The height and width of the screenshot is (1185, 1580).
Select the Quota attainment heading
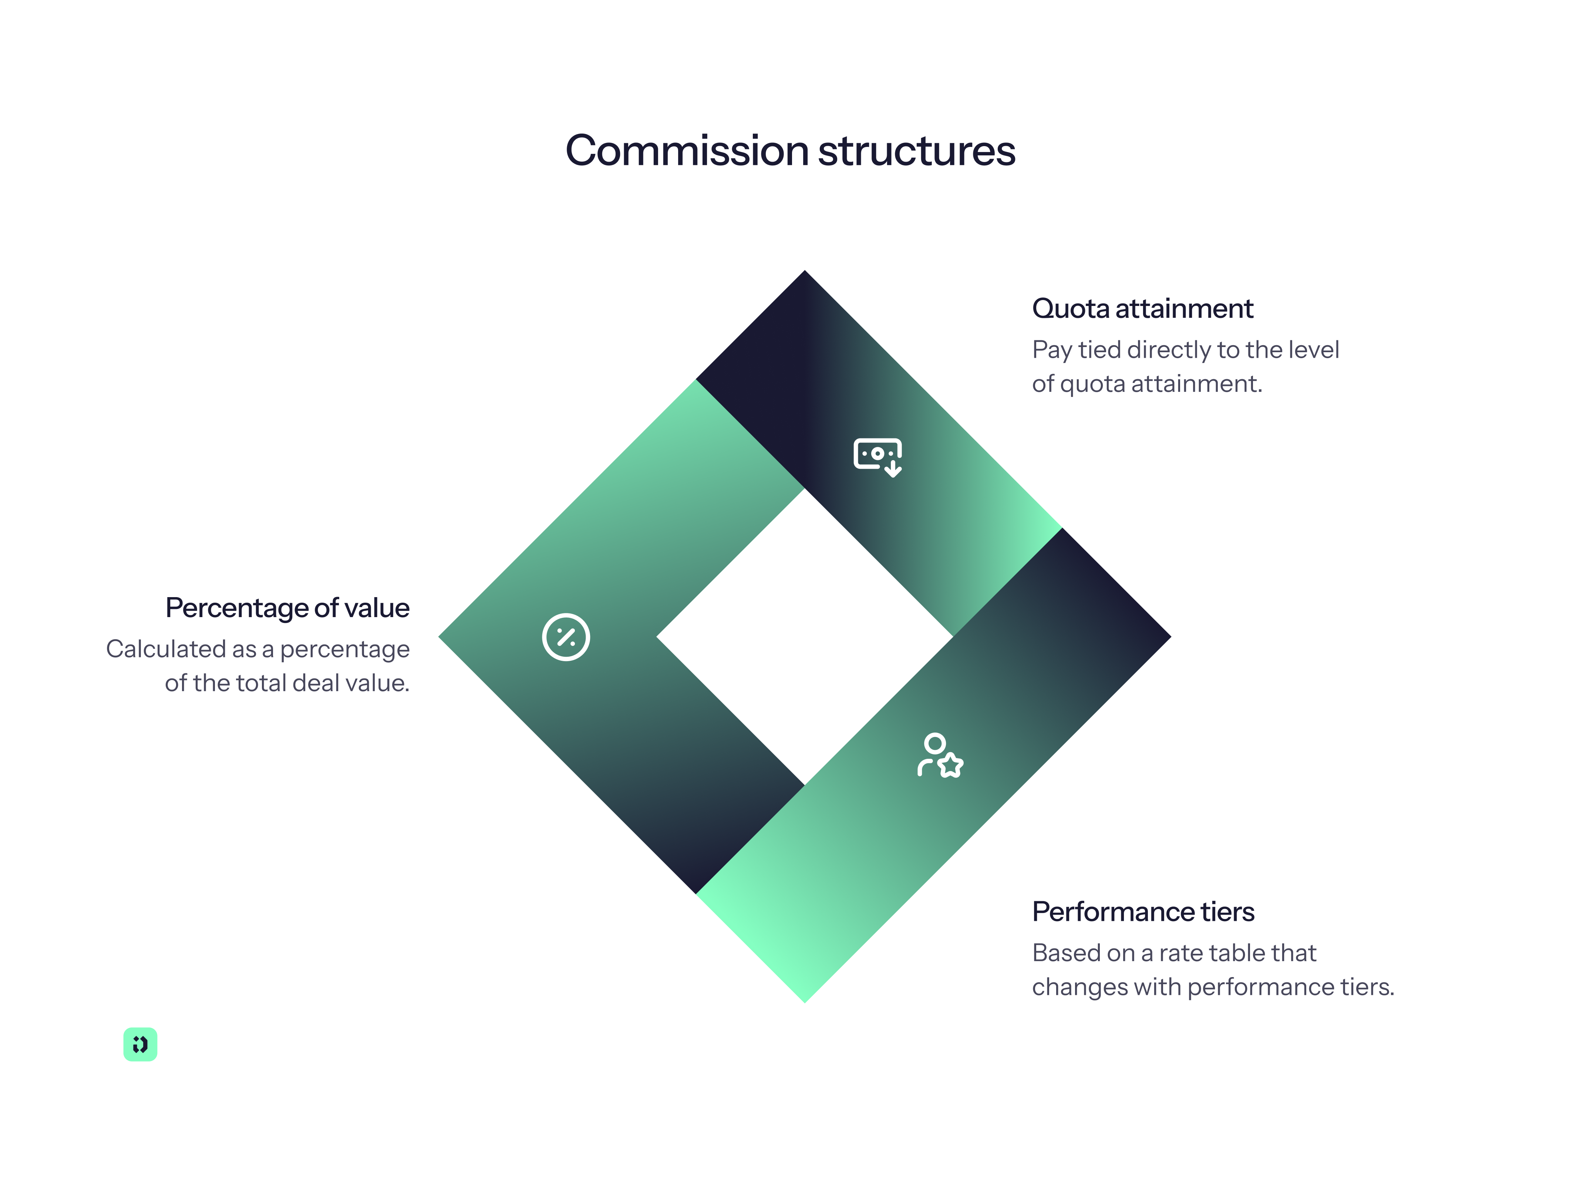[x=1142, y=309]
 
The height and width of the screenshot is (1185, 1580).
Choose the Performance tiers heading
[x=1143, y=912]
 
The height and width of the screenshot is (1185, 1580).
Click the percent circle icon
[x=566, y=637]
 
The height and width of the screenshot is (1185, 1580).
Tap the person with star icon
[x=940, y=755]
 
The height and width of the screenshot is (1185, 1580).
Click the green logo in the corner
[x=140, y=1044]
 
